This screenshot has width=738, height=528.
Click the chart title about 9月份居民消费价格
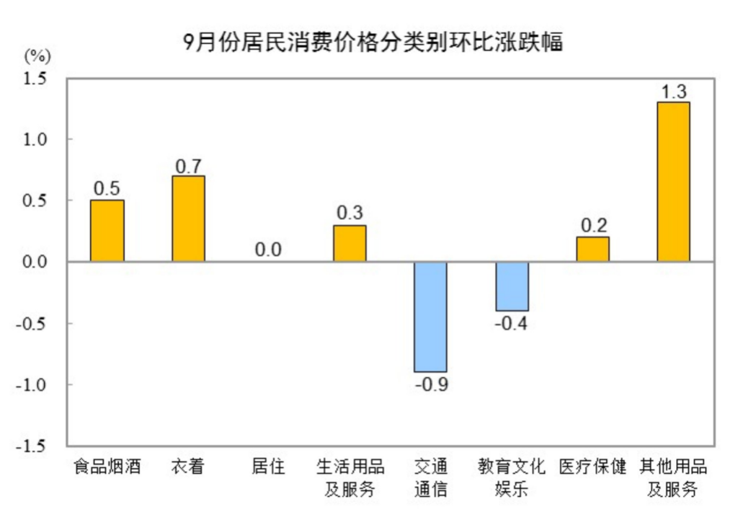pyautogui.click(x=373, y=43)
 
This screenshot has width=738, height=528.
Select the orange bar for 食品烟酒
pyautogui.click(x=107, y=231)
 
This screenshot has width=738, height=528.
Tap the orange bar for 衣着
pyautogui.click(x=188, y=219)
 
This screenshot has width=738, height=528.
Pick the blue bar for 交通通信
pyautogui.click(x=430, y=317)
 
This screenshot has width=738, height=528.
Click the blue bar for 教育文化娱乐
pyautogui.click(x=512, y=286)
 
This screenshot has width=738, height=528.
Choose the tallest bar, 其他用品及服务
pyautogui.click(x=673, y=182)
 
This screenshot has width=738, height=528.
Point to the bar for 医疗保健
pyautogui.click(x=592, y=249)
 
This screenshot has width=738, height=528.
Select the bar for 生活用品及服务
pyautogui.click(x=350, y=243)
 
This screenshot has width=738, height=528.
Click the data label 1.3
pyautogui.click(x=673, y=92)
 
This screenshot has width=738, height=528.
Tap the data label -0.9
pyautogui.click(x=431, y=384)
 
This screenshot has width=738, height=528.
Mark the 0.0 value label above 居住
pyautogui.click(x=268, y=250)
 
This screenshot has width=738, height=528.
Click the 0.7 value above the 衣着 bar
pyautogui.click(x=188, y=166)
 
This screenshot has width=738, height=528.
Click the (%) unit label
pyautogui.click(x=37, y=56)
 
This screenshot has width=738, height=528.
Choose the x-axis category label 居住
pyautogui.click(x=268, y=467)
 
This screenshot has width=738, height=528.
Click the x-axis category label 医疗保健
pyautogui.click(x=592, y=467)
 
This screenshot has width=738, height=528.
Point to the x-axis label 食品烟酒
pyautogui.click(x=107, y=467)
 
